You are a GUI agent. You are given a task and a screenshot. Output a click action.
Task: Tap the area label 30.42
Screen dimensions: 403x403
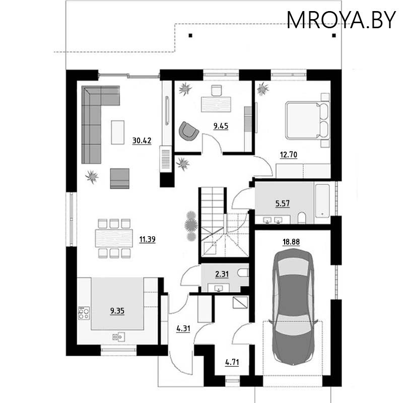click(x=142, y=141)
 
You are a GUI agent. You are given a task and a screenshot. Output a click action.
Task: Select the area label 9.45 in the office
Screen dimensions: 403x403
click(x=221, y=126)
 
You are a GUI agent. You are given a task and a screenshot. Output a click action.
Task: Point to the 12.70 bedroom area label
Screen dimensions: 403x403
click(x=289, y=155)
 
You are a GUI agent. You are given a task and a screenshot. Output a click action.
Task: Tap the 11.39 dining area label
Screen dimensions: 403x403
click(x=147, y=239)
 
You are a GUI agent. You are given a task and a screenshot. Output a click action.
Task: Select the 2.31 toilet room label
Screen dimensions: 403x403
click(x=222, y=274)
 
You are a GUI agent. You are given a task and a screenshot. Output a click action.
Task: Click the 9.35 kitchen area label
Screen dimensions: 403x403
click(x=117, y=311)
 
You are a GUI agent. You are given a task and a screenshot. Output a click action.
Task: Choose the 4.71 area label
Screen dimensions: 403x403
click(x=232, y=361)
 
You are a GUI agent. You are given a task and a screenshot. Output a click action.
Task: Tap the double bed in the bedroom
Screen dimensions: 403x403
click(x=307, y=120)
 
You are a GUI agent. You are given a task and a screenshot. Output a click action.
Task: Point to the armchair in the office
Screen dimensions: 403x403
click(x=188, y=131)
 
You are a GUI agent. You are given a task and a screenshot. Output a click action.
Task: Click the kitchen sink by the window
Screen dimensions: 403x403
click(x=117, y=336)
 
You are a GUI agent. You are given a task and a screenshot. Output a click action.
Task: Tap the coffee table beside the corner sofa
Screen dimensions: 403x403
click(x=117, y=132)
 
